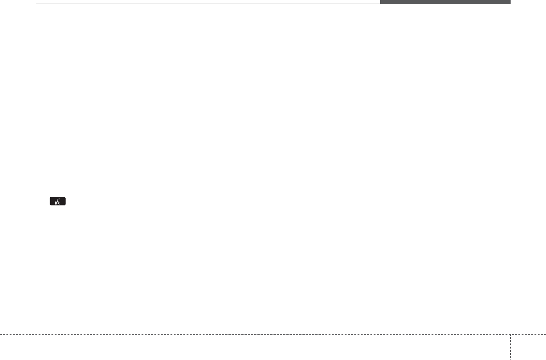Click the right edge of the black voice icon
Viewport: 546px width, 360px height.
[x=66, y=201]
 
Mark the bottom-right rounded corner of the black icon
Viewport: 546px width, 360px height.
[x=65, y=205]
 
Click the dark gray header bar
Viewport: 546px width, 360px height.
[x=445, y=2]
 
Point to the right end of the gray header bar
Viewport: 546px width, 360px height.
[x=510, y=2]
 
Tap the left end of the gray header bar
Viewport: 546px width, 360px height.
[x=381, y=2]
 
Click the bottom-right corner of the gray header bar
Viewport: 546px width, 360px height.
[x=510, y=4]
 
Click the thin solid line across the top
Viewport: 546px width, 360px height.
[x=207, y=4]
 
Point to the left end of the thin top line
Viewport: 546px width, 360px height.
[x=37, y=4]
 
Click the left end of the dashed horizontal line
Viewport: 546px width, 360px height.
[x=1, y=334]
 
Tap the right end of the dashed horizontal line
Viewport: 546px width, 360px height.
[x=545, y=334]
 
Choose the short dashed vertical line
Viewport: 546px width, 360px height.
[x=510, y=347]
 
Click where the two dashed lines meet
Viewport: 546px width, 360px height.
[x=510, y=334]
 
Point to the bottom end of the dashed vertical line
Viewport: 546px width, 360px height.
[x=510, y=359]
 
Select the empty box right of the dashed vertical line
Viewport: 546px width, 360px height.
[x=528, y=348]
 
